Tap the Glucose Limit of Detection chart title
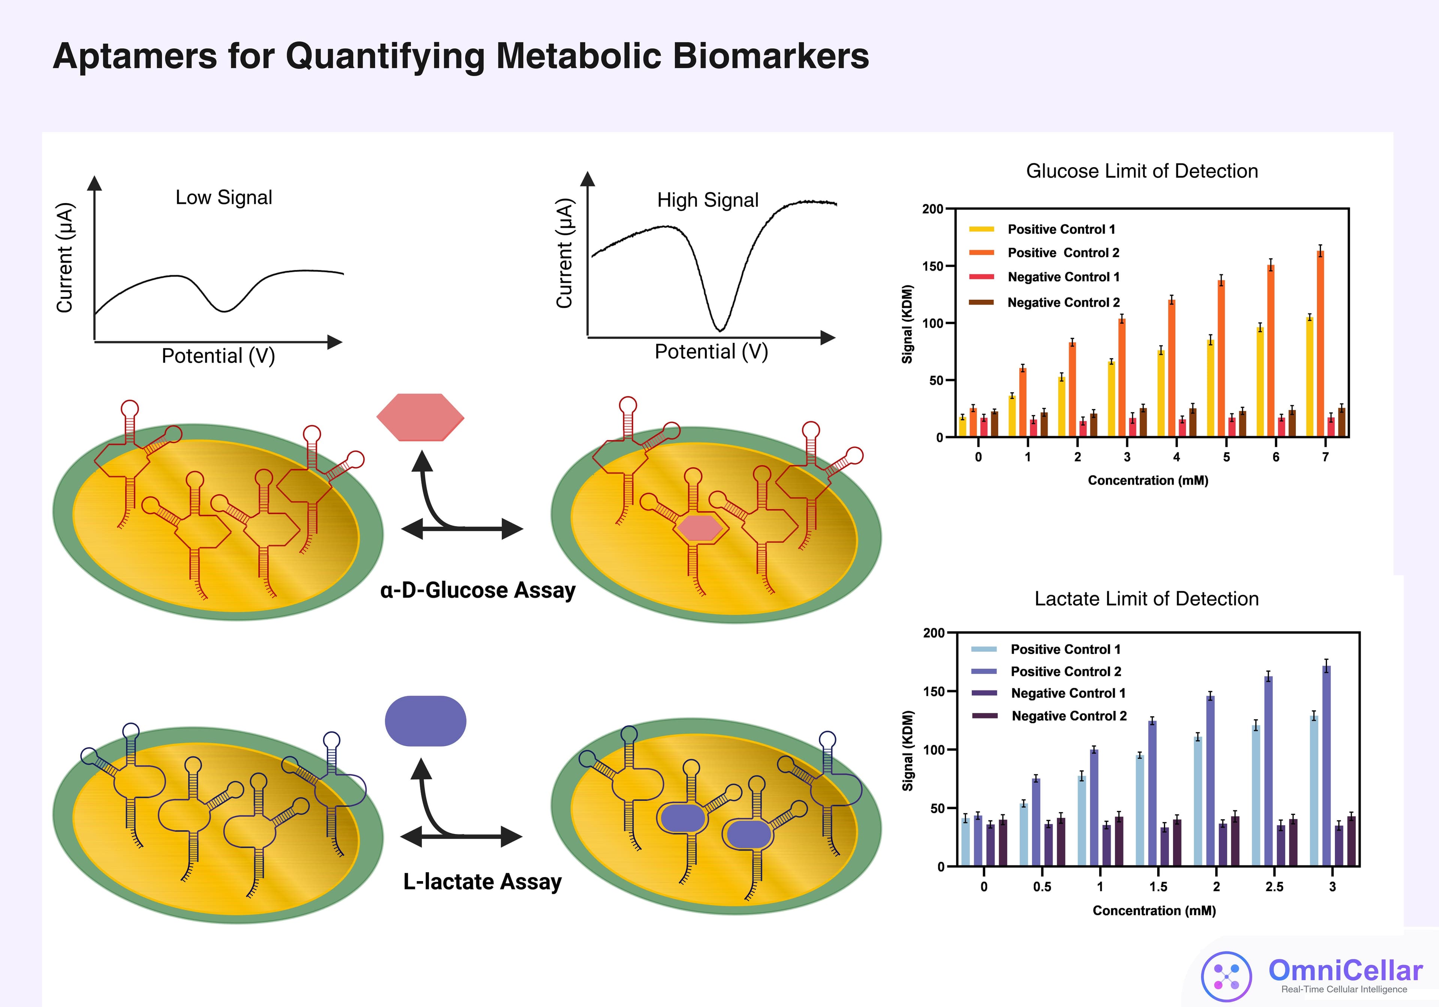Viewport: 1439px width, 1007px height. click(1141, 171)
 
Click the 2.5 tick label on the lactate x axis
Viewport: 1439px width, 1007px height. click(1274, 887)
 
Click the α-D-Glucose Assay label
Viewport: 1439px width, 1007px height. click(477, 590)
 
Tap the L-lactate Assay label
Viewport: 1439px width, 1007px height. click(482, 881)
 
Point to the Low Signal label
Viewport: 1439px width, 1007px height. click(224, 197)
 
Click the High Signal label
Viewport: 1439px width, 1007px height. click(708, 200)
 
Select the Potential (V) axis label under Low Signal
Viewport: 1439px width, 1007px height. click(218, 356)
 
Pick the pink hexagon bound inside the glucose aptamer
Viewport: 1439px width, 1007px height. click(699, 527)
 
